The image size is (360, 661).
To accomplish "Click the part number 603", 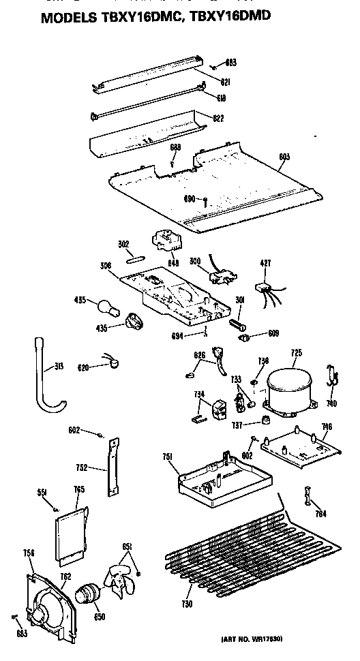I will (284, 157).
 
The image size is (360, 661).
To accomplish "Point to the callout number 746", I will (327, 427).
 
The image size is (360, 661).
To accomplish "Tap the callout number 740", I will (331, 403).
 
